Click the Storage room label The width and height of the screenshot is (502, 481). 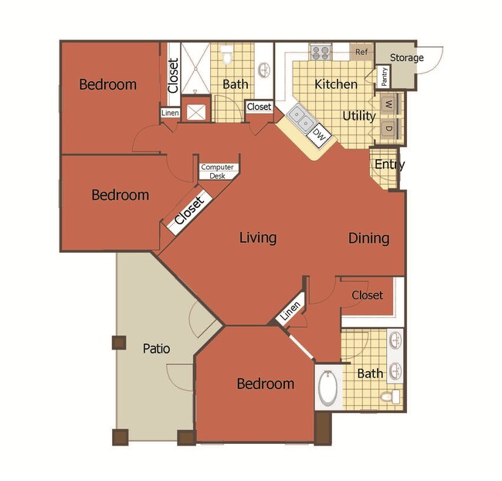[x=405, y=58]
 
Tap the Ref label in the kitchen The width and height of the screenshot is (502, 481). [x=361, y=53]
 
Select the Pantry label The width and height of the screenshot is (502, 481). [x=384, y=77]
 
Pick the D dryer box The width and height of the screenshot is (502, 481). [x=388, y=128]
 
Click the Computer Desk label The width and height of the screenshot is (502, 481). [x=217, y=171]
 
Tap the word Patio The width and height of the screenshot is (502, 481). [x=157, y=349]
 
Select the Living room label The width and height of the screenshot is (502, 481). [x=257, y=237]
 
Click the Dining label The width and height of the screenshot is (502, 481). [x=368, y=237]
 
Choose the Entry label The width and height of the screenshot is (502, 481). [x=389, y=165]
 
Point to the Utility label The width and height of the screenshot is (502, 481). [x=359, y=116]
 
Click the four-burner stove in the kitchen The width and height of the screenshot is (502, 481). [x=320, y=53]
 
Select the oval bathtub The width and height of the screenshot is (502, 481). [x=328, y=389]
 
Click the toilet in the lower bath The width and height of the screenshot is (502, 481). [x=392, y=397]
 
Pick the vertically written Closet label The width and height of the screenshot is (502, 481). [x=173, y=76]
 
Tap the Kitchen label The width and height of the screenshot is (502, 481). [x=336, y=84]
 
